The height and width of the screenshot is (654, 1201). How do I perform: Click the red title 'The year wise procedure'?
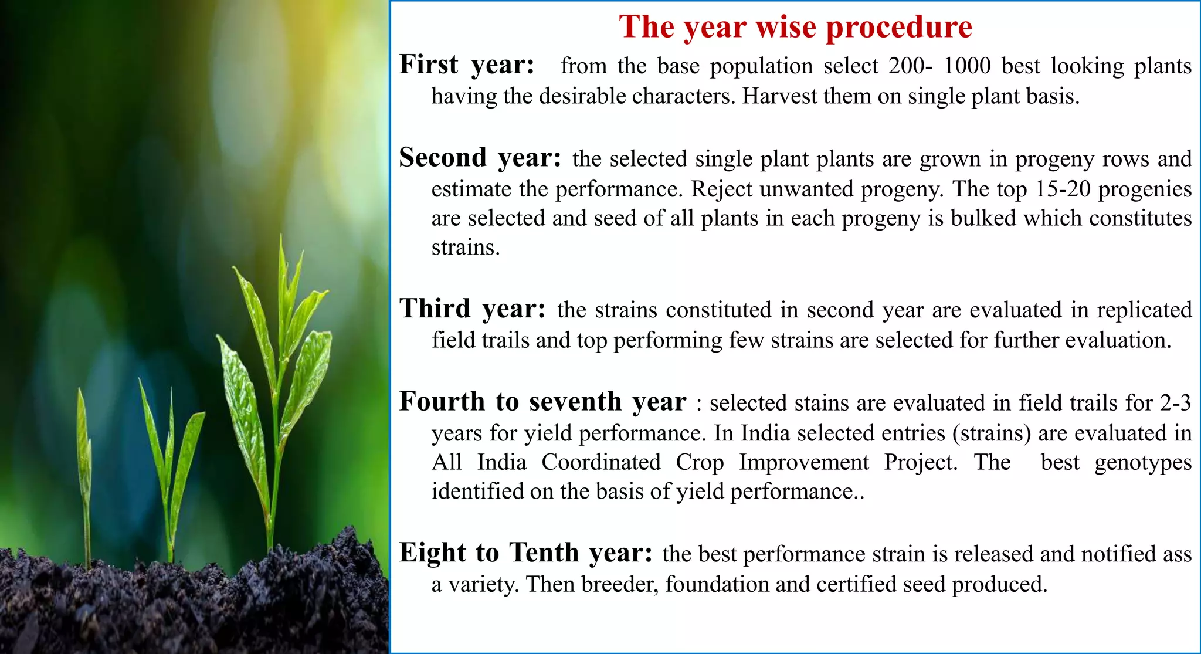click(795, 27)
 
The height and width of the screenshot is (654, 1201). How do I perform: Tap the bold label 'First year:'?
click(467, 65)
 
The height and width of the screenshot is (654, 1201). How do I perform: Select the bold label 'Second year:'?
click(480, 158)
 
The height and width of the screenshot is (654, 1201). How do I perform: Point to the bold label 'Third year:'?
click(472, 309)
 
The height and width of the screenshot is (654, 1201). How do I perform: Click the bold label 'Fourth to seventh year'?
click(542, 402)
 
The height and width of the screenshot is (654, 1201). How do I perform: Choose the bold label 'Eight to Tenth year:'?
click(525, 553)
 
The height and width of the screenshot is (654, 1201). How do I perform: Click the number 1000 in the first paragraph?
click(967, 66)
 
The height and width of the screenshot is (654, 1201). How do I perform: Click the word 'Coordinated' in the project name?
click(600, 462)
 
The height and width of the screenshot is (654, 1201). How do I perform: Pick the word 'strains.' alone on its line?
click(466, 248)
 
